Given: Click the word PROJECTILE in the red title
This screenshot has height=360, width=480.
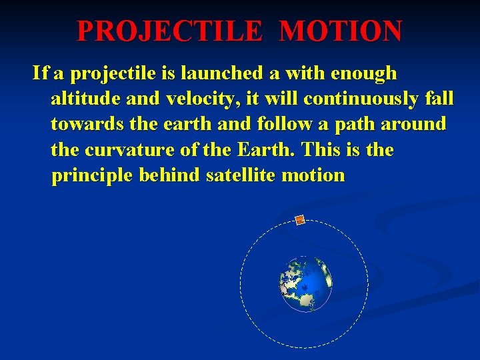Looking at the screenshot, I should click(x=171, y=31).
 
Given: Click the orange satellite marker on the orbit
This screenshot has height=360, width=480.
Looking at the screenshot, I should click(x=300, y=220).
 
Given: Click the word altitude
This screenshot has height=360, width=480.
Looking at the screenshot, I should click(x=83, y=99).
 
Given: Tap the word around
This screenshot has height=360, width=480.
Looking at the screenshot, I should click(x=413, y=124).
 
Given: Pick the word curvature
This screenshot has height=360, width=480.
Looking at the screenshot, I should click(x=131, y=149).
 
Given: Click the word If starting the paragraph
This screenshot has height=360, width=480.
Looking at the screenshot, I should click(x=40, y=73).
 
